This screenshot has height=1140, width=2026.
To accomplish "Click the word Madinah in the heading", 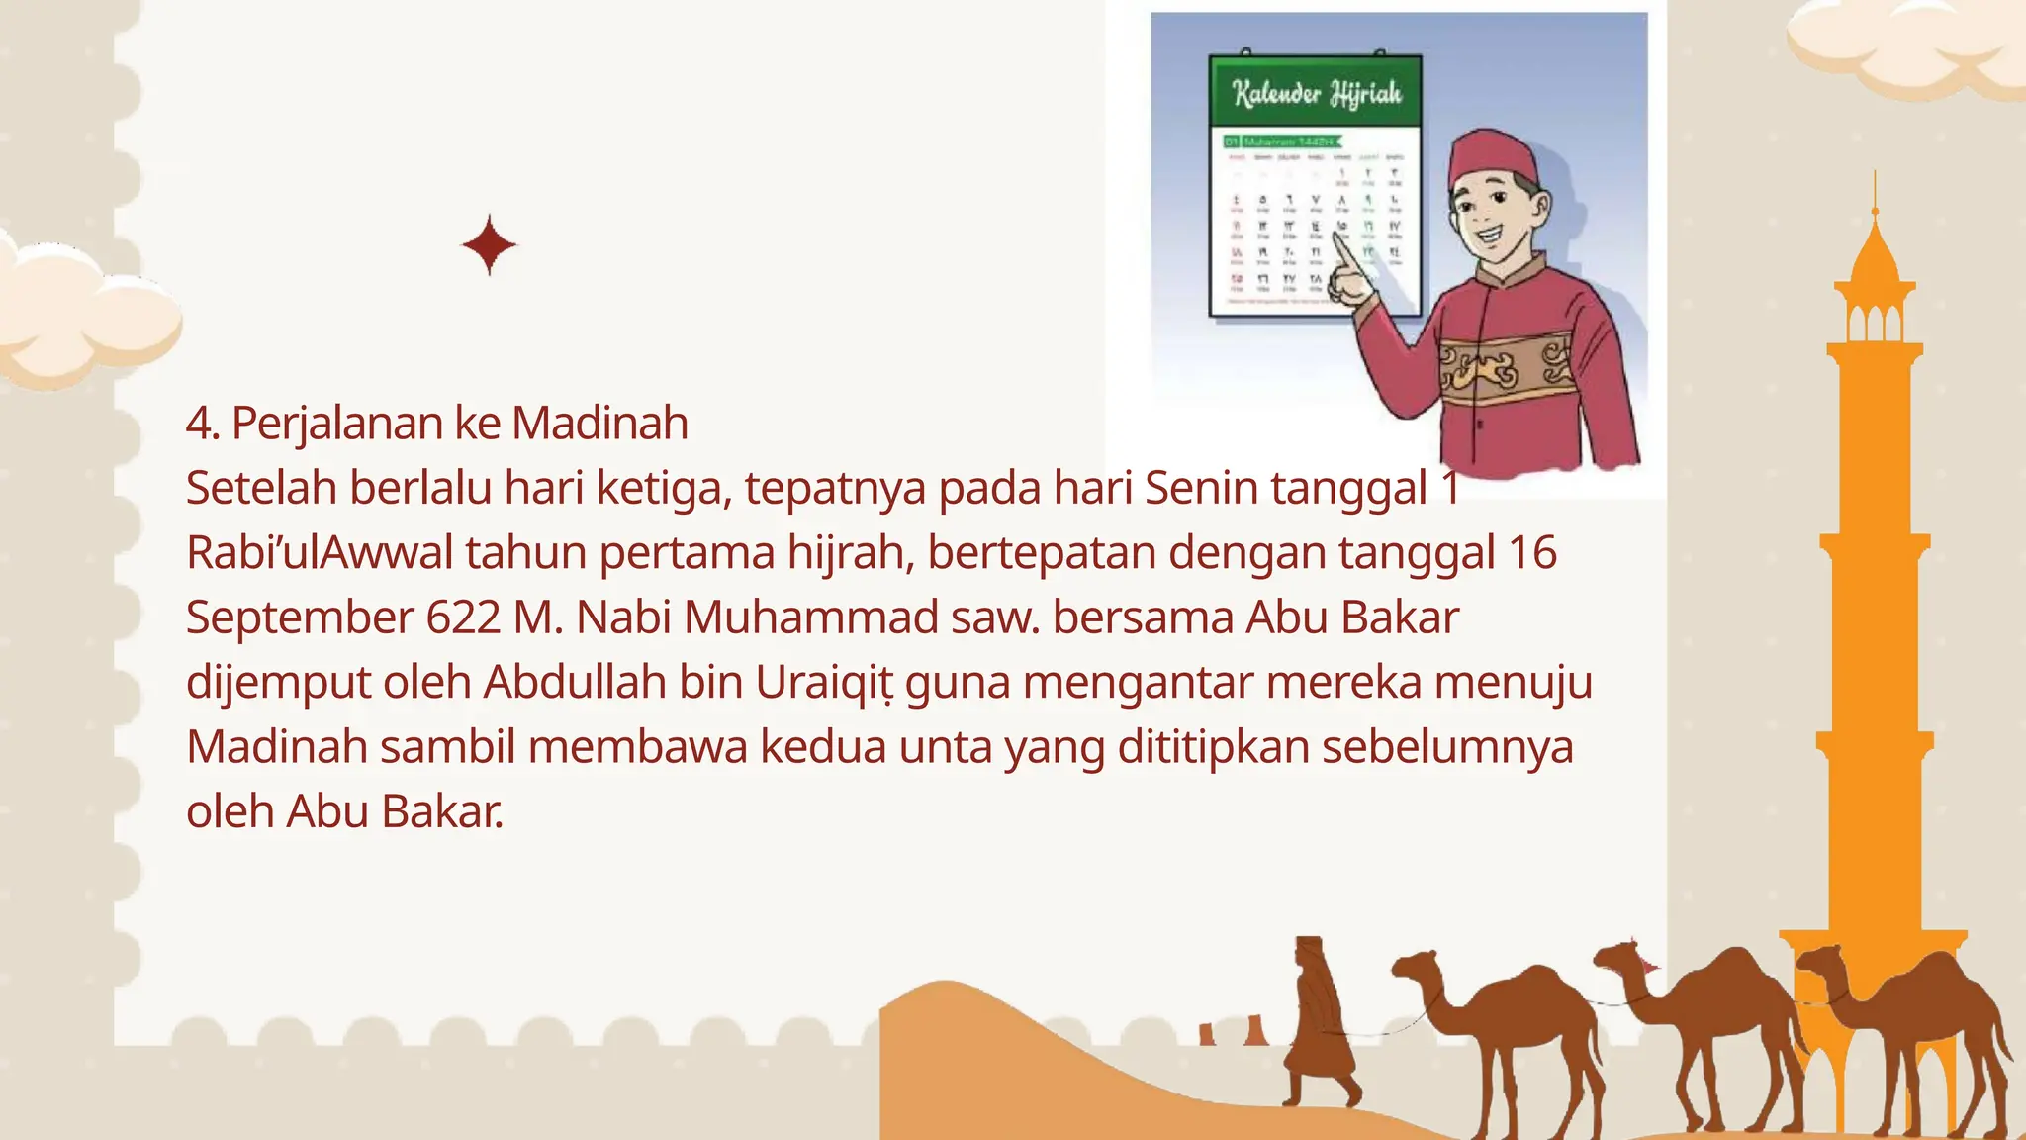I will click(x=599, y=424).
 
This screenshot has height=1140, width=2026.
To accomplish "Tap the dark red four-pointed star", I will click(x=489, y=244).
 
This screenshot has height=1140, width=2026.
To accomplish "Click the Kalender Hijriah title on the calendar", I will click(x=1317, y=94).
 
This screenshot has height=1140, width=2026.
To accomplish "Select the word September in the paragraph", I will click(x=300, y=618).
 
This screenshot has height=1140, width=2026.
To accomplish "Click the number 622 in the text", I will click(x=463, y=617).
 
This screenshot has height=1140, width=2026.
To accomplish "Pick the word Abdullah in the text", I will click(x=575, y=682).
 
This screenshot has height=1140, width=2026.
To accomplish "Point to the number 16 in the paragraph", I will click(x=1532, y=552).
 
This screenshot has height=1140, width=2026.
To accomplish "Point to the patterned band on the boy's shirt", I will click(x=1504, y=370).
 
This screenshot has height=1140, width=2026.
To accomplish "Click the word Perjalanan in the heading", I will click(x=336, y=424).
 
